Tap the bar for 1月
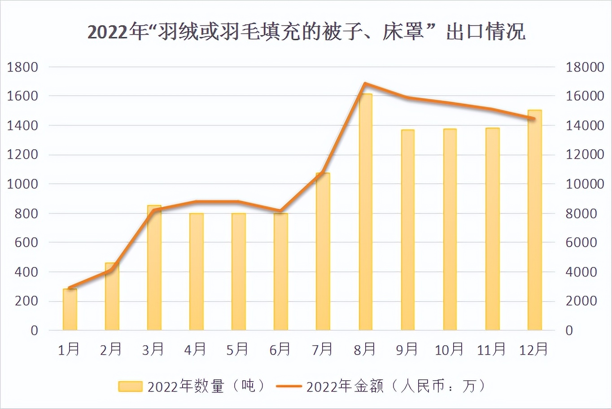tap(70, 310)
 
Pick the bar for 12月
tap(534, 220)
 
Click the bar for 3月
tap(154, 268)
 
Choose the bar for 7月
tap(323, 252)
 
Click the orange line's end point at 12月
tap(533, 119)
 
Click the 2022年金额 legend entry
tap(381, 386)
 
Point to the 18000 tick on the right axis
tap(585, 67)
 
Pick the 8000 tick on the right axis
tap(581, 213)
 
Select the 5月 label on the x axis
tap(237, 349)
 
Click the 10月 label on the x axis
tap(449, 349)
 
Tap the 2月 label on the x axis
tap(111, 349)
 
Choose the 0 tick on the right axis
tap(569, 330)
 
